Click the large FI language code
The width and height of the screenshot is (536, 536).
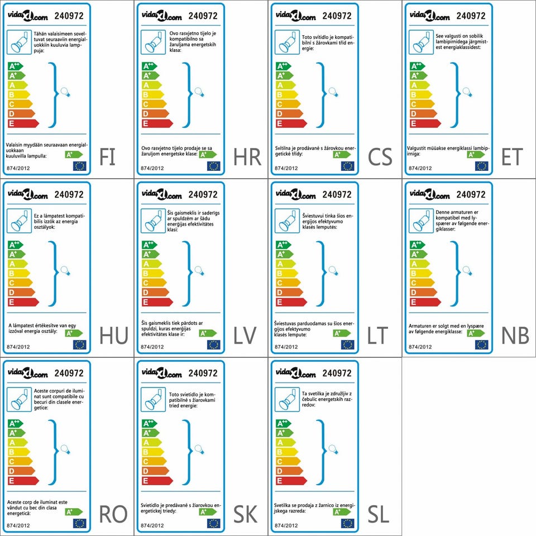pos(107,157)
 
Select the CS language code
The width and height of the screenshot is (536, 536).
pos(380,157)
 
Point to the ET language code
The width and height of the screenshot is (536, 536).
pos(512,157)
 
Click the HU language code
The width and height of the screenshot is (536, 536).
pos(113,336)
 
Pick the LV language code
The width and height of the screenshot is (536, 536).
pos(245,336)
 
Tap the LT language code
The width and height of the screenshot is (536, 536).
pos(377,336)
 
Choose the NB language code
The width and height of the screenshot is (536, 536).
pos(515,336)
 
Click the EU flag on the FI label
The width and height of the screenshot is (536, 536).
pos(79,166)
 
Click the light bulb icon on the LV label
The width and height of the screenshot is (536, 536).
pos(199,272)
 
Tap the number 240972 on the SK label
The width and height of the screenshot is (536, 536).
pos(203,373)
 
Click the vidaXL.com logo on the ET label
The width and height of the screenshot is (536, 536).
pos(429,16)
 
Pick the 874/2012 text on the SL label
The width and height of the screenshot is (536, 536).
pos(285,525)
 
